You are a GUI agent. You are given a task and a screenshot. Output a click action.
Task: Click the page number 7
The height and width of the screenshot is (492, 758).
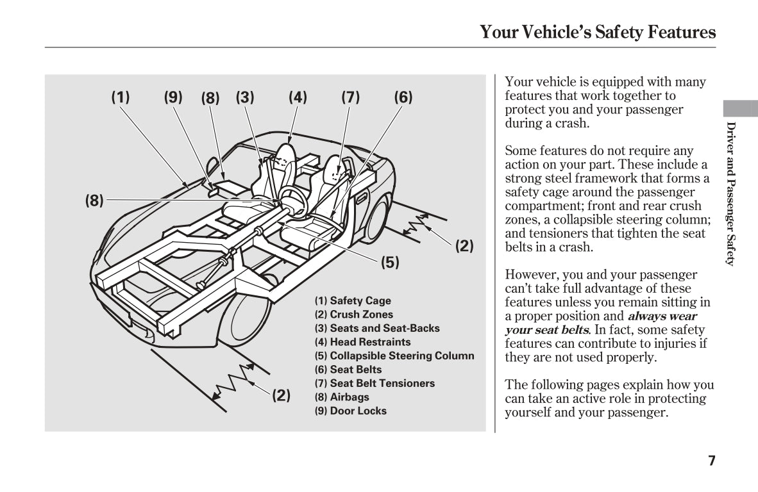click(711, 460)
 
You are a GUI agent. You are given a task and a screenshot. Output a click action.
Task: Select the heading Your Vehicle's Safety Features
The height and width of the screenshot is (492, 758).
click(598, 32)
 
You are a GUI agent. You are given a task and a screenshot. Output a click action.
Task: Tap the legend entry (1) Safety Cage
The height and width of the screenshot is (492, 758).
click(352, 300)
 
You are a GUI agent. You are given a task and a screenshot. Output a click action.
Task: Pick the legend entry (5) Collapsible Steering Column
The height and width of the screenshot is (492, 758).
click(394, 356)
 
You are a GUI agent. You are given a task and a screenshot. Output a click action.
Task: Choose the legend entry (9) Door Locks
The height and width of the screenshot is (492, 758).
click(350, 411)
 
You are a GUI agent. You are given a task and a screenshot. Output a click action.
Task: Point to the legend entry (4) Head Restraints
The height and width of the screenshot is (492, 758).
click(362, 342)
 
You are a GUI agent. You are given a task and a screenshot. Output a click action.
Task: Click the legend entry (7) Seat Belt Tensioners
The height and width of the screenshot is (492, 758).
click(374, 383)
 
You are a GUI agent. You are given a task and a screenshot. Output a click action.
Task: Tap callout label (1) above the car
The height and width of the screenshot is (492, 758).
click(121, 97)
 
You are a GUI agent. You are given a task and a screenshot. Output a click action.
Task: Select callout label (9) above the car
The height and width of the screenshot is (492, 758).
click(173, 97)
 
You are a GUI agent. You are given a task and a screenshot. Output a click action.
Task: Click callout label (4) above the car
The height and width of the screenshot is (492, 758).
click(298, 97)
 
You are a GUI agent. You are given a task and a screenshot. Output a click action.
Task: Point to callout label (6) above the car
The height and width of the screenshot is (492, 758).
click(403, 97)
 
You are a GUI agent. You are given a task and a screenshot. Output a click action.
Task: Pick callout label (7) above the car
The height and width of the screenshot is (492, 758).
click(350, 97)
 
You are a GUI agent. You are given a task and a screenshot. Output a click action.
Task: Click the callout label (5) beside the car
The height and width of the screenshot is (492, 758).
click(390, 262)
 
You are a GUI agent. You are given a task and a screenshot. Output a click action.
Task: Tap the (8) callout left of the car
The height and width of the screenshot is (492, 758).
click(94, 201)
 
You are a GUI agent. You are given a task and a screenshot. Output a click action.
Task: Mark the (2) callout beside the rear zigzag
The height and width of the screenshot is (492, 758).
click(464, 245)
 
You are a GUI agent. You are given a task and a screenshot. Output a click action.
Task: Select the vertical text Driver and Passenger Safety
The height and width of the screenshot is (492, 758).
click(730, 192)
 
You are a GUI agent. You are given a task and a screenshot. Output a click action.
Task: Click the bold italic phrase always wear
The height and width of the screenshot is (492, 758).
click(662, 316)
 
